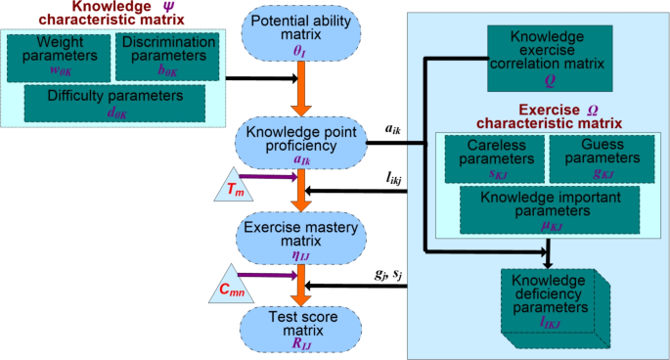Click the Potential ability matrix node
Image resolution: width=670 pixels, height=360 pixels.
296,35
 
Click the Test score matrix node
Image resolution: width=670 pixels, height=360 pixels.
296,326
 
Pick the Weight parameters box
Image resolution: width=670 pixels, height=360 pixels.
57,56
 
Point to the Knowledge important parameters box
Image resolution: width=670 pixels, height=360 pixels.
541,208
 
